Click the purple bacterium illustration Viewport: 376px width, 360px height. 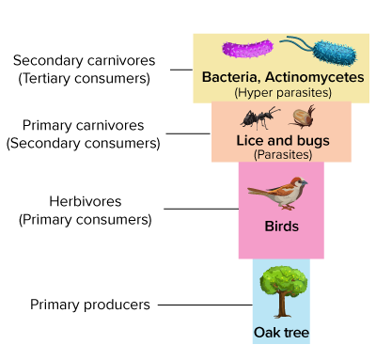coord(247,49)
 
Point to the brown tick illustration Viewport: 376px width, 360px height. coord(302,117)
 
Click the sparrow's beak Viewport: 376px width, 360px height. coord(305,182)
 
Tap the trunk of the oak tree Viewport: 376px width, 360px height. coord(283,305)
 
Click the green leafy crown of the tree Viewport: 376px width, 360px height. coord(283,280)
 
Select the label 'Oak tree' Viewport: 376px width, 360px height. coord(281,333)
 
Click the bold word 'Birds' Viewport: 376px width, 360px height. coord(282,227)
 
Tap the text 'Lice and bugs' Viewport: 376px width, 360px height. coord(283,140)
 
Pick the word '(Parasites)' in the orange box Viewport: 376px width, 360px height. coord(283,154)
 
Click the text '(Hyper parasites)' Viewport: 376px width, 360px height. coord(283,92)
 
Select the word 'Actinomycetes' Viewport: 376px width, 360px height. coord(315,77)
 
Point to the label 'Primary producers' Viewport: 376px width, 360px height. coord(90,305)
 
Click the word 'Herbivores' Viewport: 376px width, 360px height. coord(86,201)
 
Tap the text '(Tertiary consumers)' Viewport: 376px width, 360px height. coord(85,78)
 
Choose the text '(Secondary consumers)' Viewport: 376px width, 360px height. coord(84,143)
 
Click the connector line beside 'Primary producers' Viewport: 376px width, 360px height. coord(205,305)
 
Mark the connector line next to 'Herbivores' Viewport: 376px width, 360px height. coord(201,209)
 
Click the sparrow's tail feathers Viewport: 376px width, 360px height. coord(257,191)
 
